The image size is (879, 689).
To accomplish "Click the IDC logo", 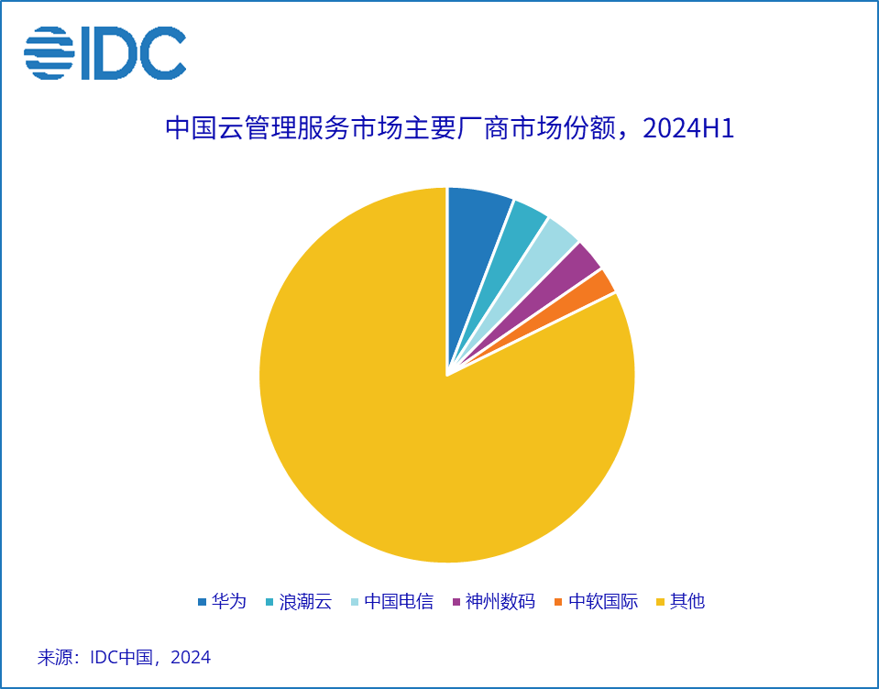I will (104, 53).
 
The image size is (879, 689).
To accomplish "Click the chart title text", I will (449, 129).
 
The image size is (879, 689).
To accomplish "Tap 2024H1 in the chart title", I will (689, 129).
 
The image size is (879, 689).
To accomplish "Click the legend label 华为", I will (229, 602).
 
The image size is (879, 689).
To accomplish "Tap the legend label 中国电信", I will (398, 602).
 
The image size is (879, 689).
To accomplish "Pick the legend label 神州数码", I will (500, 602).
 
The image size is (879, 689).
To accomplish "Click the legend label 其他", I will (687, 602).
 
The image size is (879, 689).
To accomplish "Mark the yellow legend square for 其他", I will (661, 603).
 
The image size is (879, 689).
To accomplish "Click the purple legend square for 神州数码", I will (456, 603).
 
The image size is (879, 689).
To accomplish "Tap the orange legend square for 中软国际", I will (559, 603).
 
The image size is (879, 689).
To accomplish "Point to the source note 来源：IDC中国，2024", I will (124, 657).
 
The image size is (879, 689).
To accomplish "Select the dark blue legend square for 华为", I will (202, 603).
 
